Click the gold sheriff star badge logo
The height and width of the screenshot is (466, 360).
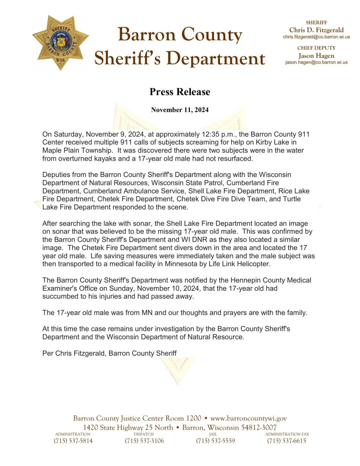click(x=60, y=43)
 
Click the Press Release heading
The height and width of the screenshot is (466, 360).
click(x=180, y=92)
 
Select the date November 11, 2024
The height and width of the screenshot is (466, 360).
click(x=180, y=110)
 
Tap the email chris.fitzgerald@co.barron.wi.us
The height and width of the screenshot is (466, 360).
click(x=316, y=37)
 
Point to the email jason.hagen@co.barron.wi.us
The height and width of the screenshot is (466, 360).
click(x=316, y=62)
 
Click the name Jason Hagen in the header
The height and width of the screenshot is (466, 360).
click(x=316, y=56)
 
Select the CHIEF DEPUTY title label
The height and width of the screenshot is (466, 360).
click(x=316, y=48)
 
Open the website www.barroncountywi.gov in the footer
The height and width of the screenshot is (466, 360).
click(x=248, y=418)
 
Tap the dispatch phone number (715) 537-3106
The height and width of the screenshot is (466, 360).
click(x=144, y=441)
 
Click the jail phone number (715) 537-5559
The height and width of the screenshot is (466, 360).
click(x=215, y=441)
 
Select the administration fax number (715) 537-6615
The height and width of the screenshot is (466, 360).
click(x=287, y=441)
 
